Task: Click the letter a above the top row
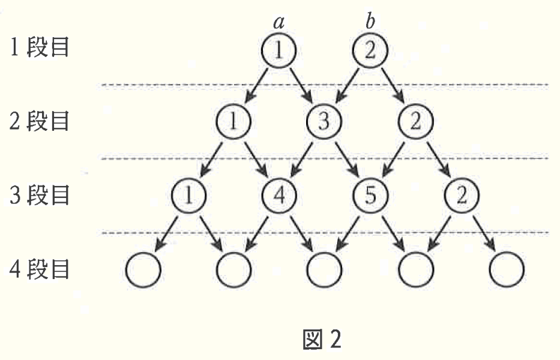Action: click(279, 22)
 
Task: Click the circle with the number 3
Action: click(324, 121)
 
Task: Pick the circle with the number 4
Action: click(279, 196)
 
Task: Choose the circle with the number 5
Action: click(370, 196)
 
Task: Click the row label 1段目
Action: click(39, 47)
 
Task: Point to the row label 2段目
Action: click(39, 121)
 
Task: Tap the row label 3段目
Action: click(39, 195)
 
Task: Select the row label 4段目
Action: click(39, 269)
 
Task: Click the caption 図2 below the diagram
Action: click(322, 339)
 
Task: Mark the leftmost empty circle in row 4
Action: click(143, 269)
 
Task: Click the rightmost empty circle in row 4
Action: click(507, 269)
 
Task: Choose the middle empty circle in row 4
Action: click(324, 269)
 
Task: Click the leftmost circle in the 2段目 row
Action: click(233, 121)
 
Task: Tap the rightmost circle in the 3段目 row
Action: click(462, 196)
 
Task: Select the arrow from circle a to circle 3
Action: click(301, 85)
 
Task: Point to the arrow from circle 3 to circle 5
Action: click(346, 159)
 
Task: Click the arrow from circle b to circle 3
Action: click(348, 85)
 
